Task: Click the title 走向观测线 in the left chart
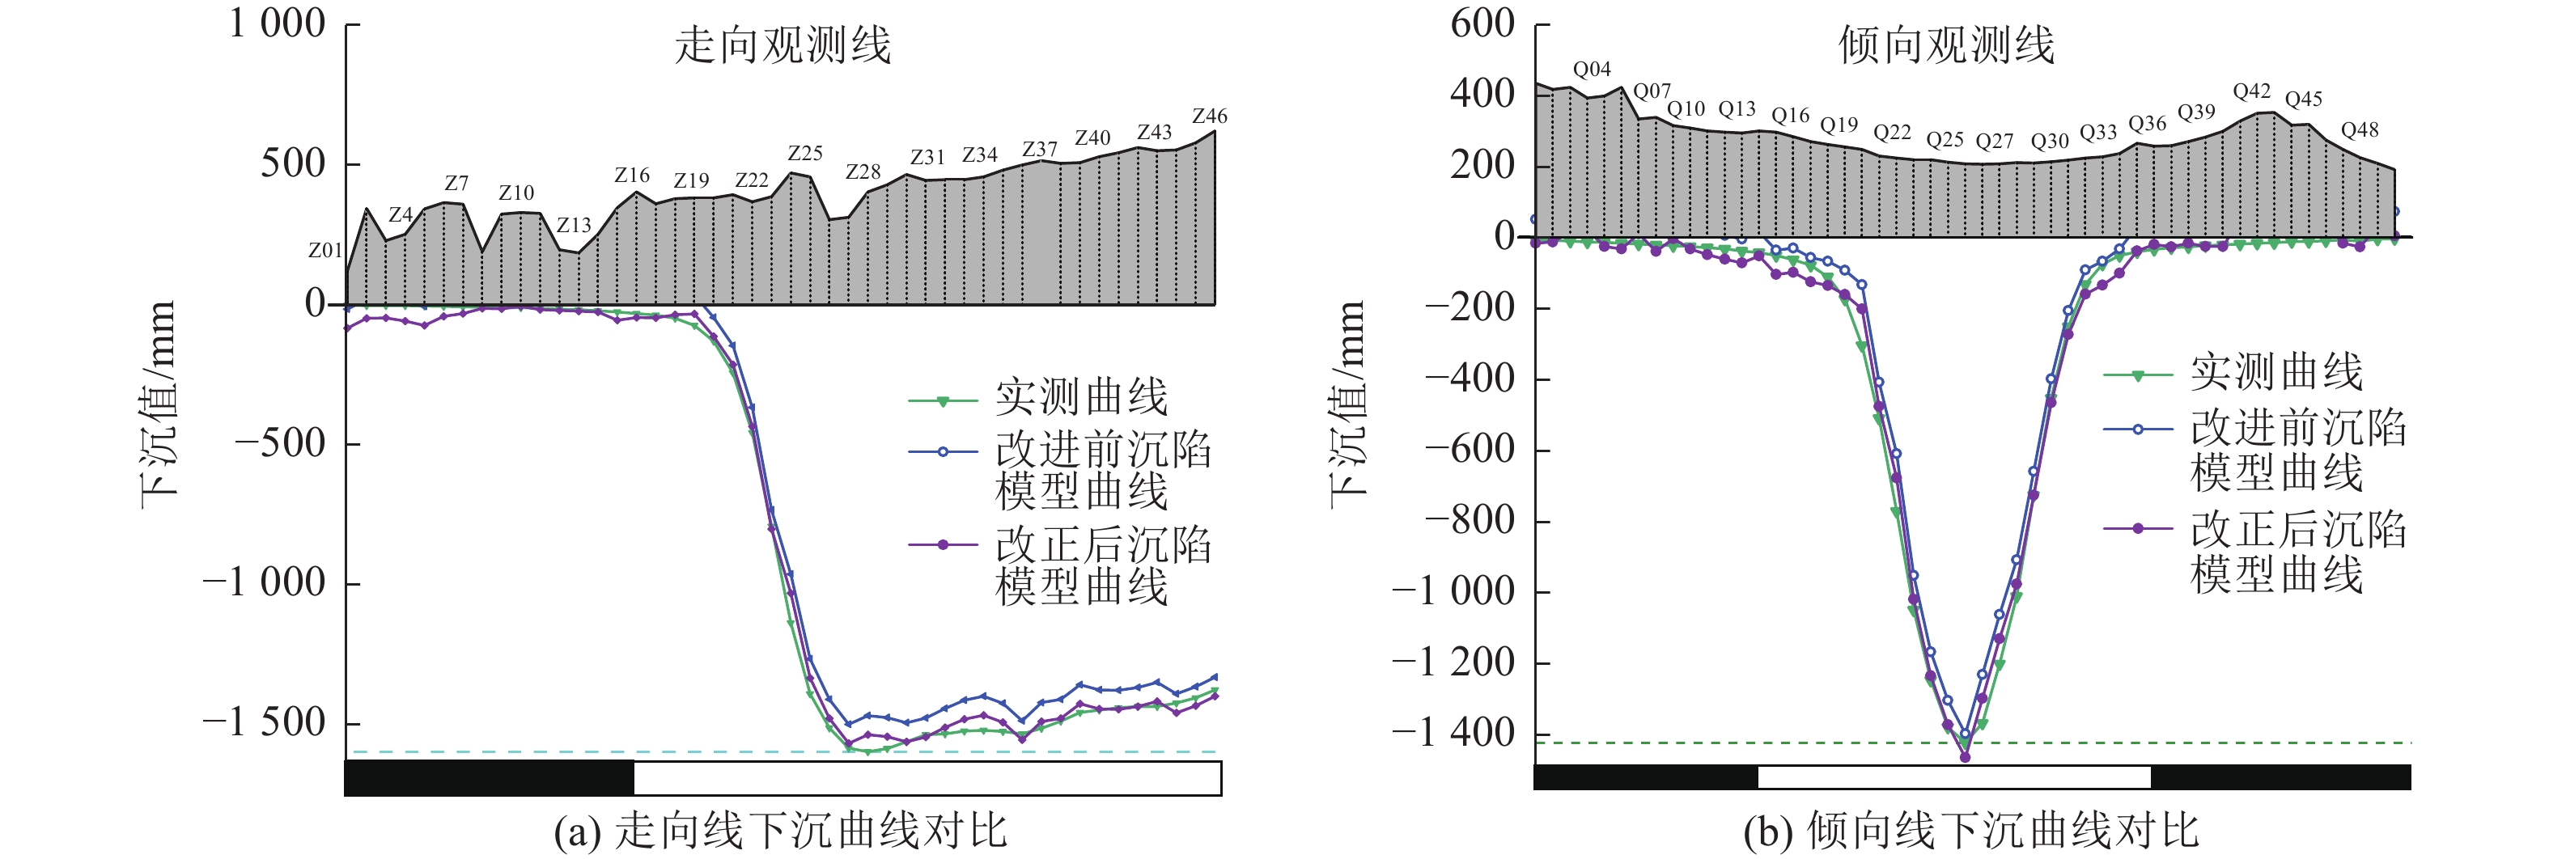click(783, 45)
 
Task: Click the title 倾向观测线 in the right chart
click(1946, 45)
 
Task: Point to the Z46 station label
click(1209, 116)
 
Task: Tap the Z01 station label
click(324, 251)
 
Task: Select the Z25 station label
click(804, 154)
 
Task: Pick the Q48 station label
click(2359, 129)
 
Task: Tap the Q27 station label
click(1994, 142)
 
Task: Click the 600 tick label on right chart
click(1482, 23)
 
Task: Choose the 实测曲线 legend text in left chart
click(1082, 398)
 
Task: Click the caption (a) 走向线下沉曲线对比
click(780, 831)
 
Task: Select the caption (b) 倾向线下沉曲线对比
click(1971, 831)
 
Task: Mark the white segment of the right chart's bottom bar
click(1954, 776)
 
